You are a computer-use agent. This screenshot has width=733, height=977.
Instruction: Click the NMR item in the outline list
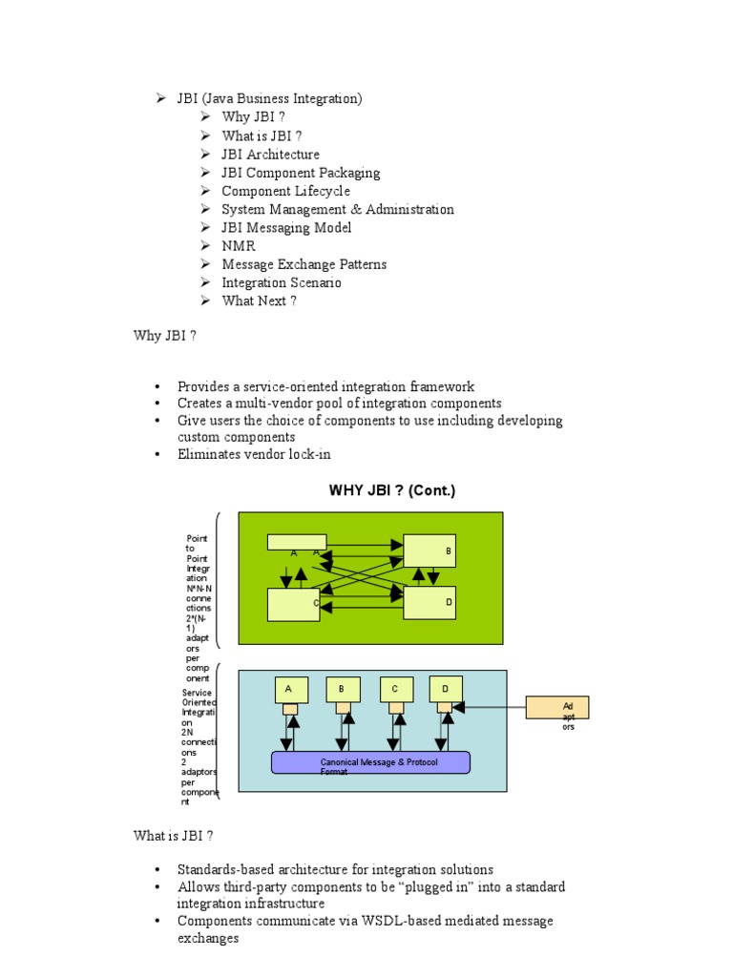(x=239, y=246)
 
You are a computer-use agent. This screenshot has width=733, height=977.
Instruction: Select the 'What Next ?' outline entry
(x=259, y=301)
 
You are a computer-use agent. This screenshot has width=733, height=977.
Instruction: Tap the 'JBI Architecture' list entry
(x=270, y=155)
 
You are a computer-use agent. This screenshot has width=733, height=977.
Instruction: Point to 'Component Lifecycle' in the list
(x=285, y=191)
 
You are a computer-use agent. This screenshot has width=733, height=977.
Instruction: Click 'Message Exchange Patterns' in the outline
(x=304, y=264)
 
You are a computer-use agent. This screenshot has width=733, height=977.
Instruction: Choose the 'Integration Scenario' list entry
(x=281, y=282)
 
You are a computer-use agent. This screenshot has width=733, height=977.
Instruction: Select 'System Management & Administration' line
(x=337, y=209)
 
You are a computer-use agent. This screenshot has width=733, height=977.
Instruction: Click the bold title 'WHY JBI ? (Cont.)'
(x=392, y=490)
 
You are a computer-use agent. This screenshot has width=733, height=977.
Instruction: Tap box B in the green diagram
(x=429, y=551)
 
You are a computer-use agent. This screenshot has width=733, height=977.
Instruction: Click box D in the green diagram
(x=429, y=602)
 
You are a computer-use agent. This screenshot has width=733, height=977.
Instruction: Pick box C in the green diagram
(x=293, y=604)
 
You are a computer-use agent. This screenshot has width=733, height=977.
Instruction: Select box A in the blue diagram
(x=289, y=689)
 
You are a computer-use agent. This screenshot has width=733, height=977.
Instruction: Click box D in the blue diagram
(x=446, y=688)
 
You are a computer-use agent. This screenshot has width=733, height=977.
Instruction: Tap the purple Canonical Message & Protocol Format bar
(x=370, y=762)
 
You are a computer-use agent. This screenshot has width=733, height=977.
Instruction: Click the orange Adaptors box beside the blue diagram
(x=557, y=707)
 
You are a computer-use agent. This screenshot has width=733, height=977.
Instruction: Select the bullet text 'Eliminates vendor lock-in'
(x=254, y=454)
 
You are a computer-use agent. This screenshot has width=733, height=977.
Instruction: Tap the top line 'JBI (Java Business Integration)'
(x=269, y=98)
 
